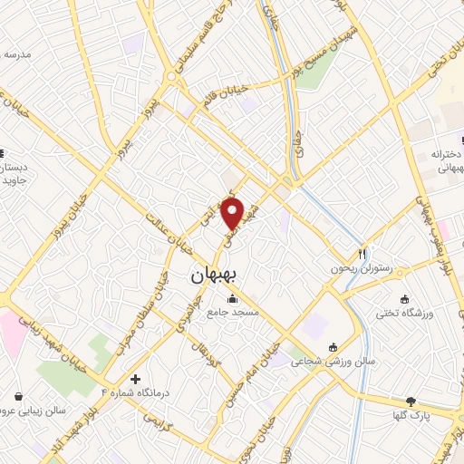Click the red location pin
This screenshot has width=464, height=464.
coord(234,214)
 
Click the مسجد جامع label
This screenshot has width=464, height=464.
coord(234,312)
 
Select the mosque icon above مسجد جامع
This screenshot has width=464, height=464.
coord(234,298)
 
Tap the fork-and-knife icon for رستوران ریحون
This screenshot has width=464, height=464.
coord(362,254)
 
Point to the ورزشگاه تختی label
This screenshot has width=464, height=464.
coord(404,314)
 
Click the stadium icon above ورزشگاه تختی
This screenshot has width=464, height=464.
coord(404,300)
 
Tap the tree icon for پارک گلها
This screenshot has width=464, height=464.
coord(411,401)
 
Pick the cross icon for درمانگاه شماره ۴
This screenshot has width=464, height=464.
coord(135,378)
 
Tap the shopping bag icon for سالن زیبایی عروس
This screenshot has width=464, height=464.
coord(18,396)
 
